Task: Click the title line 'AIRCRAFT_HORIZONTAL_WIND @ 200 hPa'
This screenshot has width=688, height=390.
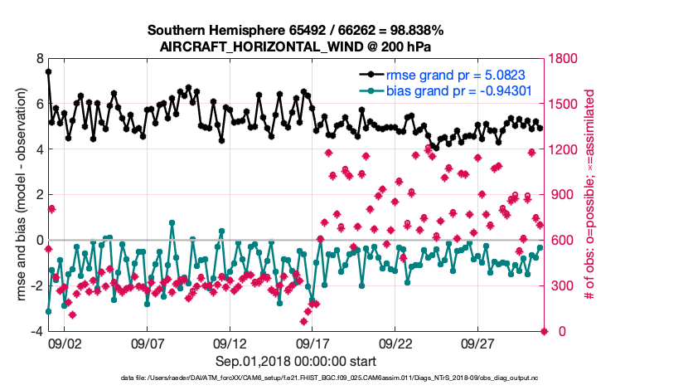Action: [295, 47]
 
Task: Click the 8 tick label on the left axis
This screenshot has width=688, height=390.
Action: [39, 59]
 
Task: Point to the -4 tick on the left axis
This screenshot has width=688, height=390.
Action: [36, 331]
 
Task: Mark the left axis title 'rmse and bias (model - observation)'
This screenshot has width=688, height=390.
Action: [19, 195]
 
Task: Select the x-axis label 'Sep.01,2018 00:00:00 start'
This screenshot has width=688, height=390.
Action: [296, 361]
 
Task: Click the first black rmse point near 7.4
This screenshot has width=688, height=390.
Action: [48, 72]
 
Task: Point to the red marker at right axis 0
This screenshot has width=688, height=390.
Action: [544, 331]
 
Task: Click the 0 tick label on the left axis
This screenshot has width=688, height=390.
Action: [39, 241]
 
